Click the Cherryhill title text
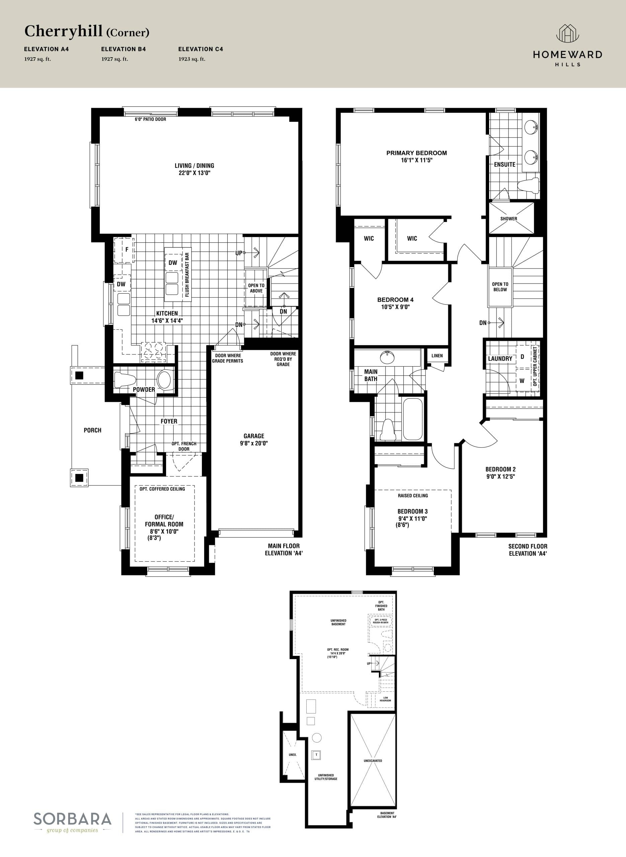coord(64,31)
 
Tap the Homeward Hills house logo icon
coord(567,34)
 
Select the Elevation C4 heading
coord(201,49)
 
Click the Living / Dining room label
coord(194,166)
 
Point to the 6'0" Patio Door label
coord(150,119)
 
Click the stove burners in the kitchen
coord(153,350)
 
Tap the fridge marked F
coord(125,250)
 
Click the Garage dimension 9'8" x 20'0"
coord(254,443)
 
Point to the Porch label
coord(92,430)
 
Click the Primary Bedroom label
coord(416,153)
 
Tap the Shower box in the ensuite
coord(508,219)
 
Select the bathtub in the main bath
coord(413,419)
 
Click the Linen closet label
coord(437,356)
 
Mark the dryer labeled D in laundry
coord(522,357)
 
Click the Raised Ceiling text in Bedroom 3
coord(413,495)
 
